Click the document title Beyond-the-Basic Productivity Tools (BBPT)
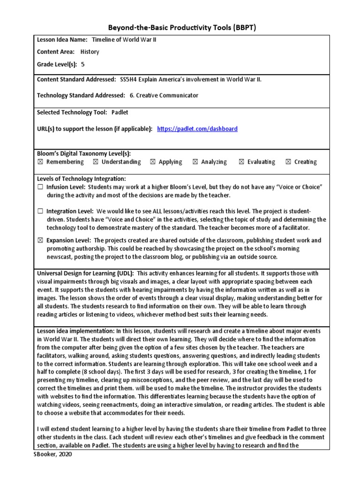[x=180, y=28]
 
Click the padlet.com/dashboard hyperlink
[x=197, y=129]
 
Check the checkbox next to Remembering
[x=40, y=162]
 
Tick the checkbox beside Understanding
[x=96, y=162]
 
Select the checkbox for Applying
[x=153, y=162]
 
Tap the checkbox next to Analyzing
[x=195, y=162]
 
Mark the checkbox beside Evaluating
[x=241, y=162]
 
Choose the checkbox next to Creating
[x=288, y=162]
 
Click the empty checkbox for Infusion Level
[x=40, y=187]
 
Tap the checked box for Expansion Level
[x=40, y=240]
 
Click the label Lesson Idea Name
[x=62, y=40]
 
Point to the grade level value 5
[x=83, y=65]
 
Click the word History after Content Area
[x=90, y=52]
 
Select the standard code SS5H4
[x=130, y=79]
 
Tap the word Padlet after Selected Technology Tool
[x=120, y=112]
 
